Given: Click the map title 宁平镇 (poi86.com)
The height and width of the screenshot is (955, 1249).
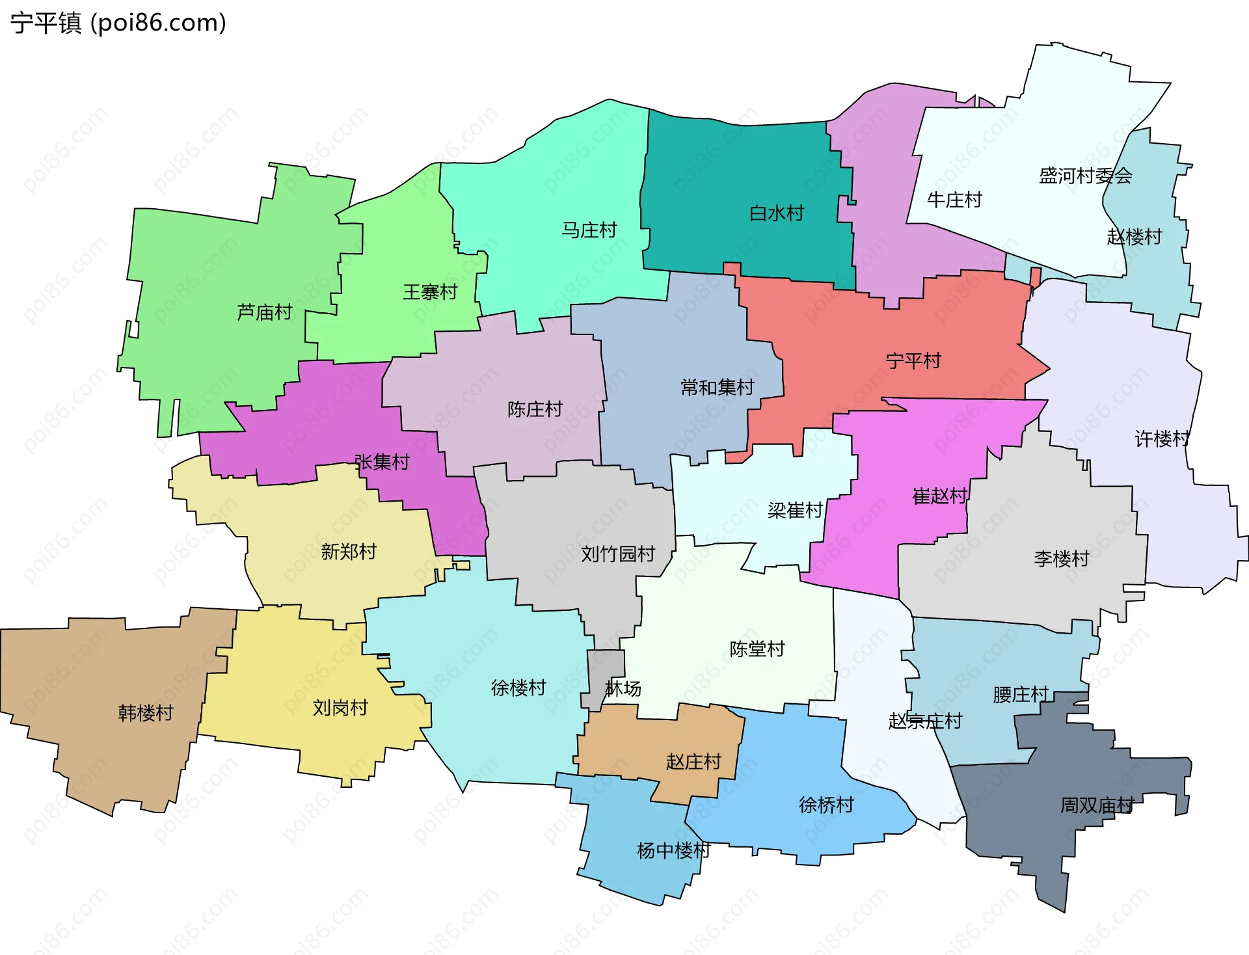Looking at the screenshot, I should pos(118,23).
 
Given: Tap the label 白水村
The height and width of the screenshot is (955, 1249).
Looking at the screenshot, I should pos(776,213).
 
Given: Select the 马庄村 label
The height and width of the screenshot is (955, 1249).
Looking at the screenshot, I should pos(589,230).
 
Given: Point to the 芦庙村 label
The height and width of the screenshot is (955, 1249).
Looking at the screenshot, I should pos(264,312).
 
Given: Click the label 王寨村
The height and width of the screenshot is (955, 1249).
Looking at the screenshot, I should pos(430,291).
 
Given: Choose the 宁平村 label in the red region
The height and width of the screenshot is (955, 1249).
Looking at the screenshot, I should pos(913,360).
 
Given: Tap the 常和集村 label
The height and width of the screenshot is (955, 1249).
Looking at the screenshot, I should pos(717,387).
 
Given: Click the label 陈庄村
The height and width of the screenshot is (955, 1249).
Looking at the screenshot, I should pos(535,409).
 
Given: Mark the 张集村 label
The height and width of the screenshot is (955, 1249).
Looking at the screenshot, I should pos(382,462).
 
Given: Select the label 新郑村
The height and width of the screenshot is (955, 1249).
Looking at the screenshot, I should pos(349,552).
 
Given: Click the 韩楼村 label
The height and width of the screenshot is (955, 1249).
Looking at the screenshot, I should pos(145,712).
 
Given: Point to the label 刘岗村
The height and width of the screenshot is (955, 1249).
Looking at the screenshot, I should pos(340,707).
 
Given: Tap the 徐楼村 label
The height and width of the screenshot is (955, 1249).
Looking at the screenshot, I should pos(518,688).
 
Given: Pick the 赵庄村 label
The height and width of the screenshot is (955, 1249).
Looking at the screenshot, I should pos(693,761).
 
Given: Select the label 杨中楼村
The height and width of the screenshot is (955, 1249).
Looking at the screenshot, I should pos(673,850).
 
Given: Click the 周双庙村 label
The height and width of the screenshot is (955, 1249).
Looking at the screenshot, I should pos(1097,805).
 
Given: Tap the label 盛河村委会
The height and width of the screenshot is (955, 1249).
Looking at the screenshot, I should pos(1085,176).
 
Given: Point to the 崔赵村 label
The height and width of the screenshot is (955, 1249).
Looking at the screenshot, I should pos(940,496).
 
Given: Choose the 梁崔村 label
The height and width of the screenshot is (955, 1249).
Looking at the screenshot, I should pos(795,510).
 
